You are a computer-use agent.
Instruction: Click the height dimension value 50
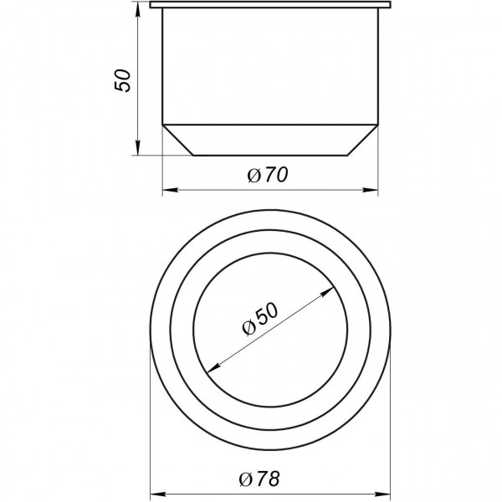click(123, 80)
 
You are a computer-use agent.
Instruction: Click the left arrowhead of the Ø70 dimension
click(166, 190)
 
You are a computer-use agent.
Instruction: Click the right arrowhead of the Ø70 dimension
click(373, 190)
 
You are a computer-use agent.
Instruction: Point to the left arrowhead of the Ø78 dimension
click(155, 494)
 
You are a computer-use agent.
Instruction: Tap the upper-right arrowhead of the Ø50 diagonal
click(323, 292)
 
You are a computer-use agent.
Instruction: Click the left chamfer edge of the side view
click(177, 140)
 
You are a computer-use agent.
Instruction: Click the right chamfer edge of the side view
click(362, 140)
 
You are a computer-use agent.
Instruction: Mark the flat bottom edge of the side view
click(269, 155)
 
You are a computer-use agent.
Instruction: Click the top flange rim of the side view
click(269, 7)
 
